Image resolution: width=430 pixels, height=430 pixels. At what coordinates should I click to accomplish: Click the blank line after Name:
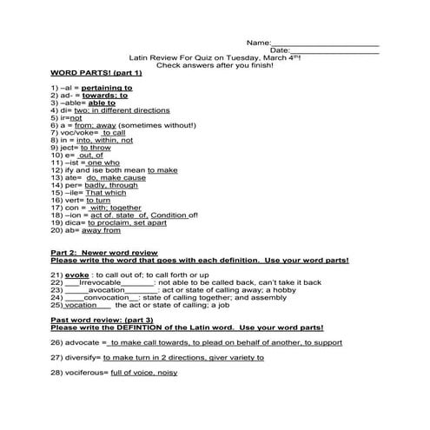[325, 43]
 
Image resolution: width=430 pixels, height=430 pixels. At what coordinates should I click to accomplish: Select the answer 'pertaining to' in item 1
[107, 88]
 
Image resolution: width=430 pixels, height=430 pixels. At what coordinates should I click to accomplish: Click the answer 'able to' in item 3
[102, 103]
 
